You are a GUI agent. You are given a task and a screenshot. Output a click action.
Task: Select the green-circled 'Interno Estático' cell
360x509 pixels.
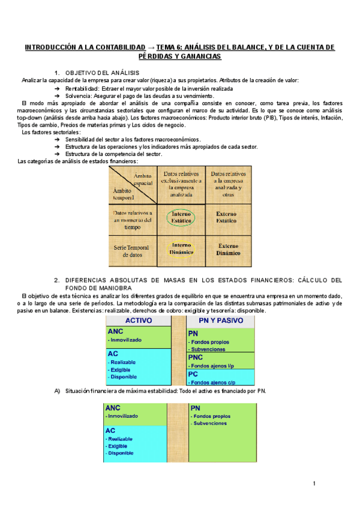click(181, 218)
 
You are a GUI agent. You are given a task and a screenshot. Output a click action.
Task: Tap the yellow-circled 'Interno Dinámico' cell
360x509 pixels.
click(181, 248)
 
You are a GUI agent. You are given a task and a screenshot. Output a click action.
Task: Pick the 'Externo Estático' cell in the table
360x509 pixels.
click(228, 217)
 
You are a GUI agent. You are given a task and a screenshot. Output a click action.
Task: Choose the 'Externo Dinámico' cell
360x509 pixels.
click(228, 249)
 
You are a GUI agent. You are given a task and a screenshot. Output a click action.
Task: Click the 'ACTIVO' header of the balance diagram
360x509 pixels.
click(138, 321)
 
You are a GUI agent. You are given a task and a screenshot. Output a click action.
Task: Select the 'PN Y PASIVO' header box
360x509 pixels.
click(221, 321)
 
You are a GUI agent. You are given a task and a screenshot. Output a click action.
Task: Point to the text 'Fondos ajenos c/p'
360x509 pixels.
click(215, 382)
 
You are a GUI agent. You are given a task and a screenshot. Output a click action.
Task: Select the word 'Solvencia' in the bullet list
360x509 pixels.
click(79, 95)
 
